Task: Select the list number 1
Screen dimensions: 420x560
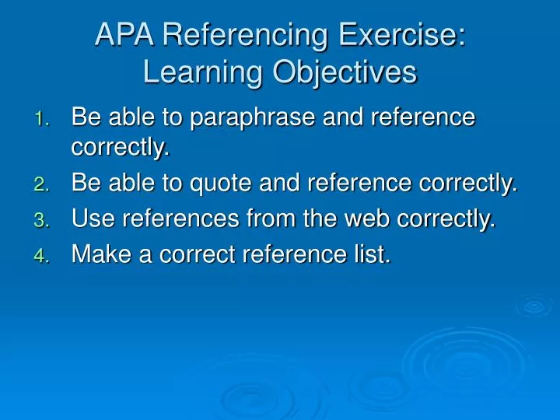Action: click(43, 120)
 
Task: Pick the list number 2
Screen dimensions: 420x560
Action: click(43, 185)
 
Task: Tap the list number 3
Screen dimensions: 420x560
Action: click(43, 222)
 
